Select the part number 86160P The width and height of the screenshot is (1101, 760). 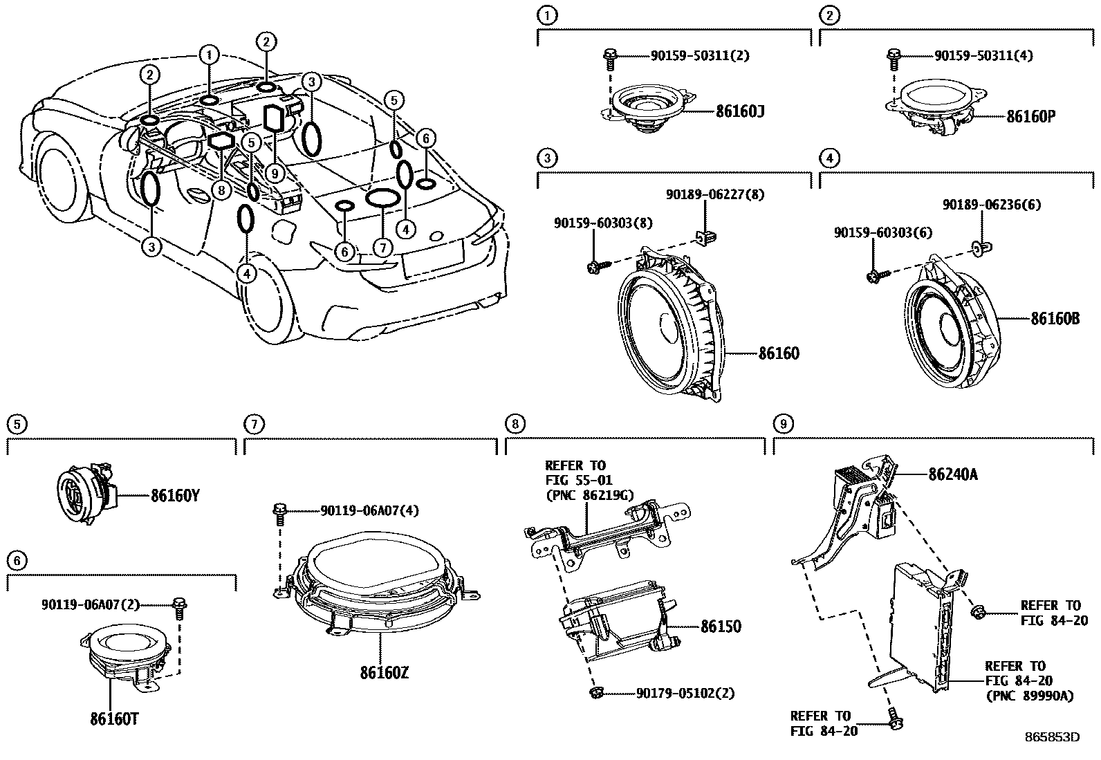tap(1030, 116)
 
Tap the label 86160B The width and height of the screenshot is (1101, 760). tap(1055, 319)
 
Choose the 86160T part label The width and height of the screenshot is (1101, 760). tap(114, 720)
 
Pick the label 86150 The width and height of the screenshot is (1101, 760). tap(720, 627)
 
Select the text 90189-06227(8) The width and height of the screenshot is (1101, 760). tap(715, 195)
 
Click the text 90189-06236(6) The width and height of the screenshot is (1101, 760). tap(992, 205)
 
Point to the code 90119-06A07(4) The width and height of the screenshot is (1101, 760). tap(369, 510)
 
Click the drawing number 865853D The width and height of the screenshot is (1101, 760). tap(1052, 737)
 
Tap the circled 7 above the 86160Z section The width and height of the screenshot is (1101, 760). tap(254, 423)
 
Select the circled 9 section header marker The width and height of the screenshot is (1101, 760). tap(782, 423)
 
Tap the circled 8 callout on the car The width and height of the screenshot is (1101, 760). tap(221, 189)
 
